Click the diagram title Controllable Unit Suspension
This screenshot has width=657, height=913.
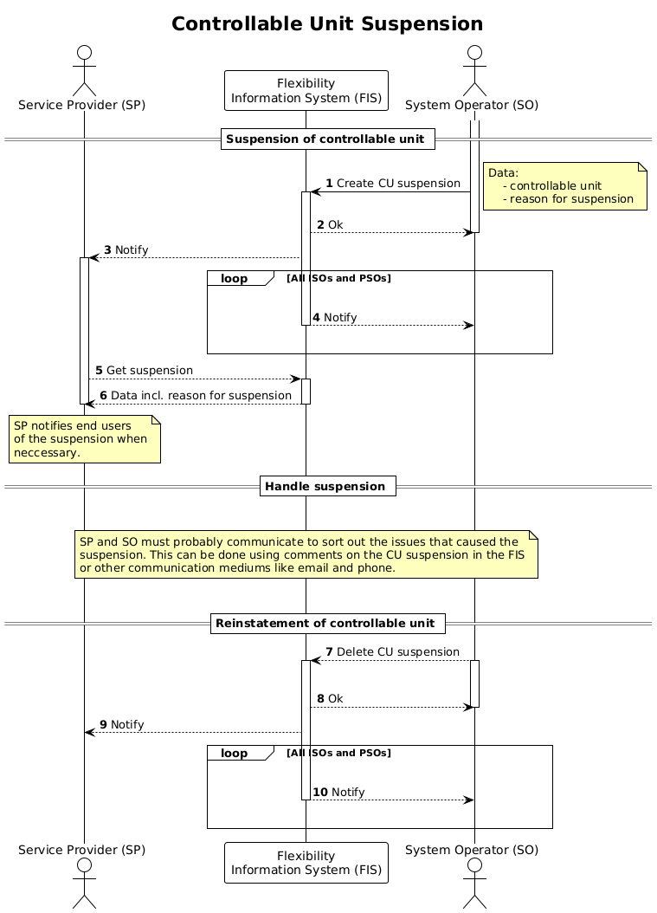327,24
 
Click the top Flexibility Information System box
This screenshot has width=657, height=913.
306,91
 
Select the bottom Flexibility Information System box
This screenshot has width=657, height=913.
306,862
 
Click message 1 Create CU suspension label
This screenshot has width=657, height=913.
392,184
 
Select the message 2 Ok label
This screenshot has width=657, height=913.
330,224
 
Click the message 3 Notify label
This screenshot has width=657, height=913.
126,250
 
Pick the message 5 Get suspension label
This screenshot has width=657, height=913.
144,370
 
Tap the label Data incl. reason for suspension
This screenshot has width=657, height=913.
195,396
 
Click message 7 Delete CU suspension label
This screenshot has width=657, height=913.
392,651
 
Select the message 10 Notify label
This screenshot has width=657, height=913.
338,792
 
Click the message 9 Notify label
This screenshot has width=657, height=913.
122,724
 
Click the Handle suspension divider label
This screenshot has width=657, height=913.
327,487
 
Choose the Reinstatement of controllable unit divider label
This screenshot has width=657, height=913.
327,623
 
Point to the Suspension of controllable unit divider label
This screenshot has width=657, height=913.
327,139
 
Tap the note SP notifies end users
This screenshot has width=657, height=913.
84,438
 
